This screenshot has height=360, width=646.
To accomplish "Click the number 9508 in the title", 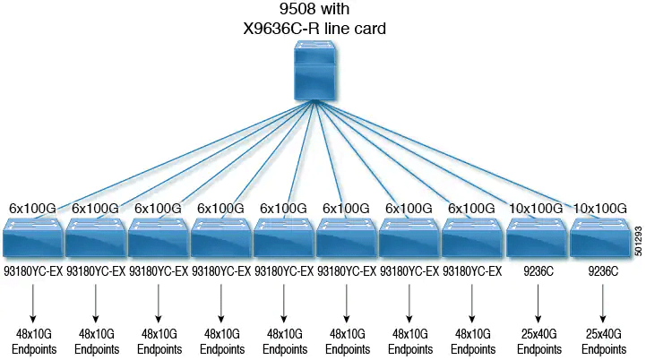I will click(x=292, y=10).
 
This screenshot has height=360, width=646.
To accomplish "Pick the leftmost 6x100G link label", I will click(x=33, y=209).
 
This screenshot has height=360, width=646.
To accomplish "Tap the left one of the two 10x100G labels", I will click(x=535, y=209).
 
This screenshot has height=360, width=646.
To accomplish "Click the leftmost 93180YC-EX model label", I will click(x=33, y=269).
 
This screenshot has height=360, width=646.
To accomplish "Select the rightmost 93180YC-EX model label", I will click(x=472, y=269).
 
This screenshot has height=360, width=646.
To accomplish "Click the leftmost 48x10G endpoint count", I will click(x=33, y=334).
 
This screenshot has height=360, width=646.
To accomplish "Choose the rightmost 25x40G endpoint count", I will click(x=601, y=334).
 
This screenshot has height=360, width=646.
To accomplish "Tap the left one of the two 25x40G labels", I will click(x=538, y=334).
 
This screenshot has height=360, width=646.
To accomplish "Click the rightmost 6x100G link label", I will click(x=472, y=209).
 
